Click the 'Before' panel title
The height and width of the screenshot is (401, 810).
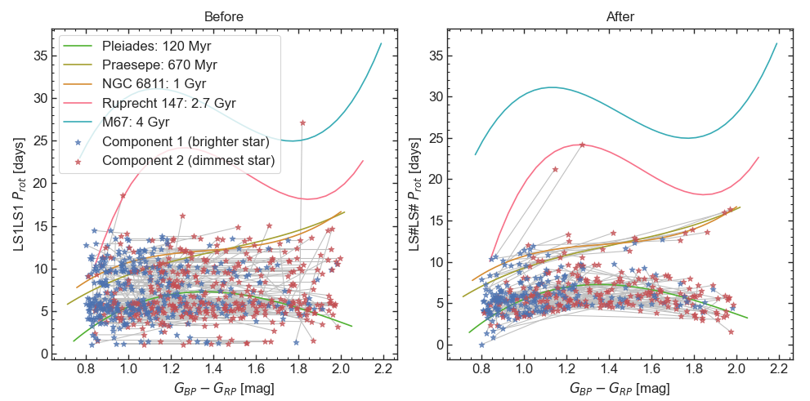224,16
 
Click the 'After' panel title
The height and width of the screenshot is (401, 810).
620,16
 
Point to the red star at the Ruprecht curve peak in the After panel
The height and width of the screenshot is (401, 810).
582,145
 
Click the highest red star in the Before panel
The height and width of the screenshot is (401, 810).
303,123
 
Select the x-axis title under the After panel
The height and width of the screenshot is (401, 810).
620,388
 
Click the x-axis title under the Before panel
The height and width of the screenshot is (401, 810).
224,388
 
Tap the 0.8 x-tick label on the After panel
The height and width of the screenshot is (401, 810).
482,368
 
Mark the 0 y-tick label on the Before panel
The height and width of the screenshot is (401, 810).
43,354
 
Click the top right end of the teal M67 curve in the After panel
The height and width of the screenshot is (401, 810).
776,43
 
